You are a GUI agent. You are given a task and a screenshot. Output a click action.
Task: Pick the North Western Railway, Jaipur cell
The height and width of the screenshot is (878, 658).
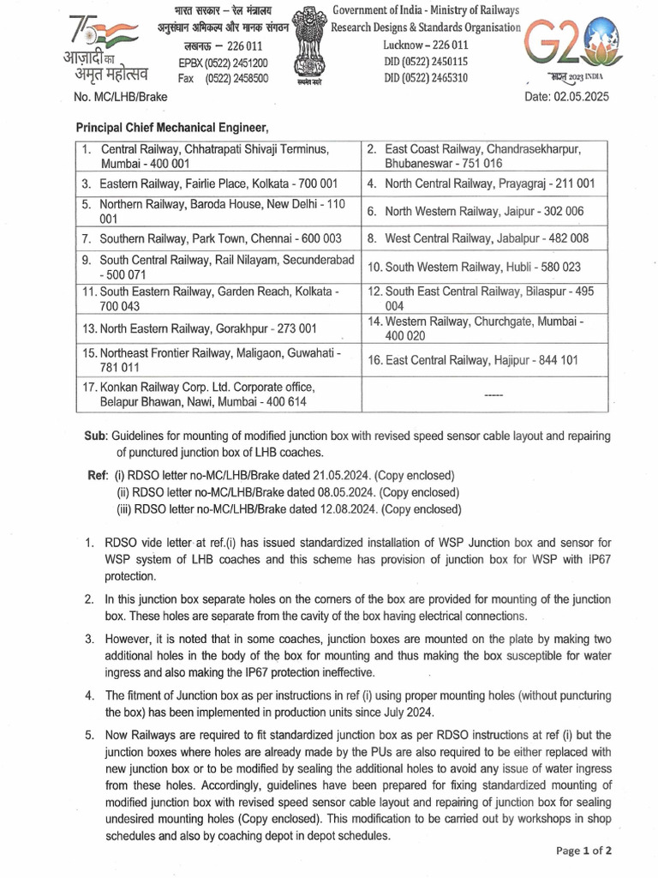484,211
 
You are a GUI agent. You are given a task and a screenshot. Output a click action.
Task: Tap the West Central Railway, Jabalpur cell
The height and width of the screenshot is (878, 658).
486,238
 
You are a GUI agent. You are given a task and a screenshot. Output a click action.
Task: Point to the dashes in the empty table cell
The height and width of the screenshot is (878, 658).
493,395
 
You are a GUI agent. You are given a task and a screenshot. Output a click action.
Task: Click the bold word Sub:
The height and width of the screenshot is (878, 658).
94,436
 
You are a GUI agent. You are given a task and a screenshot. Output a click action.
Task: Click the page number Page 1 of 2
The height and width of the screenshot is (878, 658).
583,851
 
